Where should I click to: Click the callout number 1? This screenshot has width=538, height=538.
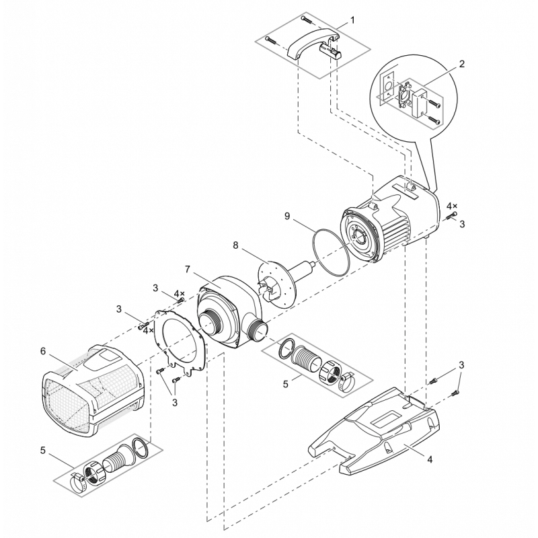coord(352,20)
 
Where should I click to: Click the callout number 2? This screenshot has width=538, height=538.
coord(462,64)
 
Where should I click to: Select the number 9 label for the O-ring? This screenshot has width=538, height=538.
coord(287,216)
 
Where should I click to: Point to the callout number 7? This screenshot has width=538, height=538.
coord(188,269)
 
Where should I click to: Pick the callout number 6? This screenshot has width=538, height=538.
coord(42,350)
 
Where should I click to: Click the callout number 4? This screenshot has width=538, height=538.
coord(430,459)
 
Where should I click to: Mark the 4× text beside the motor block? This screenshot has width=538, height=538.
coord(452,206)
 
